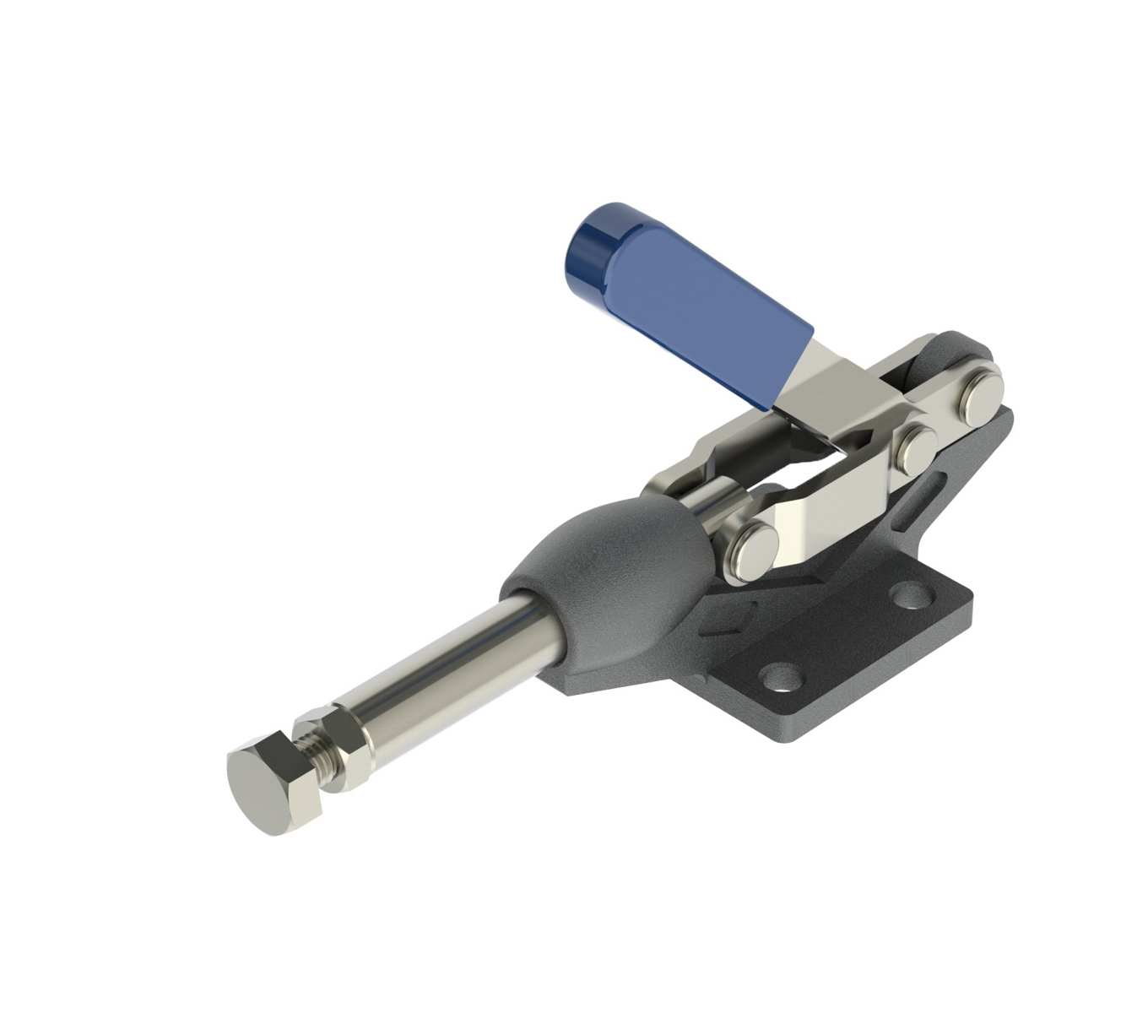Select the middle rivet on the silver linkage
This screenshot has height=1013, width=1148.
pos(916,447)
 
